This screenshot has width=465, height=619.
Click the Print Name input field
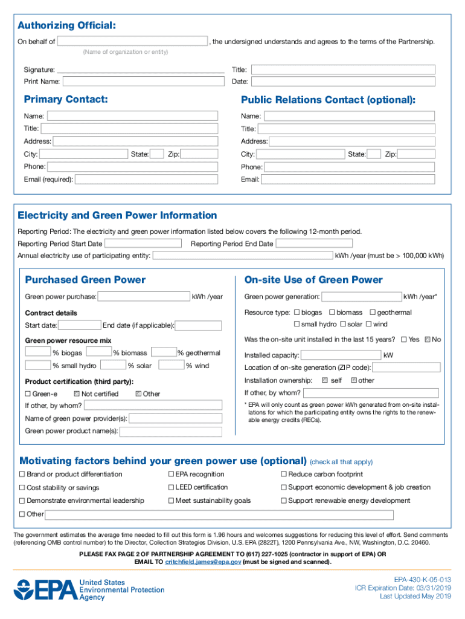[x=143, y=82]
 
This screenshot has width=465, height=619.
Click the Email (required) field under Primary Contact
[x=146, y=180]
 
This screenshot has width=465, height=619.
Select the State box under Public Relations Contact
[x=374, y=154]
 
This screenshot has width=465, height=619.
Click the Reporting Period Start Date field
[x=143, y=244]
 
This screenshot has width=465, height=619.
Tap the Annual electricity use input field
[x=242, y=256]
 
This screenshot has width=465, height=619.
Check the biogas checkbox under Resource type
[x=297, y=313]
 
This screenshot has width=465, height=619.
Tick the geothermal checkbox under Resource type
[x=373, y=313]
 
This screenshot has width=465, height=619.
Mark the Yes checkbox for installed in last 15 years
[x=404, y=340]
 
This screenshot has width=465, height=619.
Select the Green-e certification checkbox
[x=28, y=394]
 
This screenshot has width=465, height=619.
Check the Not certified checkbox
[x=77, y=394]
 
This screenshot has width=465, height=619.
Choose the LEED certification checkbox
[x=171, y=487]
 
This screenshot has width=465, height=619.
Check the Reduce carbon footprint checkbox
[x=284, y=475]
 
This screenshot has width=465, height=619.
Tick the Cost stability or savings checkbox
[x=22, y=488]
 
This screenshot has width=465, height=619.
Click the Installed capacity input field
[x=341, y=355]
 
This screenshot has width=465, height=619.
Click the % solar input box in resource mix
[x=114, y=365]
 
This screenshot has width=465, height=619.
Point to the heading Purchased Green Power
[x=85, y=280]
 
